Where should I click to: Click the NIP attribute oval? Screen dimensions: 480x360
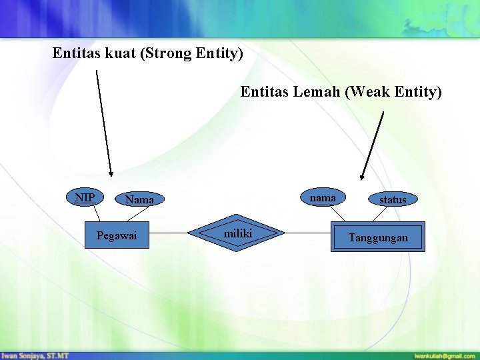(x=85, y=197)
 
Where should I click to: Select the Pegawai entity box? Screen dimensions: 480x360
(x=117, y=236)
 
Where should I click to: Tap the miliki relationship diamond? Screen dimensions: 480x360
(x=237, y=233)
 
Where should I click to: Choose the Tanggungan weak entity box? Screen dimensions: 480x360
(x=377, y=237)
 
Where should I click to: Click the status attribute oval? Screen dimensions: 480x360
(x=392, y=199)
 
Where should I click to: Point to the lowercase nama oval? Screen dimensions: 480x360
(x=323, y=197)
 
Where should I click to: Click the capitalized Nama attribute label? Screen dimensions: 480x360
(x=139, y=199)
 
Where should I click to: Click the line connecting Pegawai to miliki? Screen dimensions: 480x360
(x=169, y=233)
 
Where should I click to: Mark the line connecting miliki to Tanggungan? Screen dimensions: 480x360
(x=308, y=233)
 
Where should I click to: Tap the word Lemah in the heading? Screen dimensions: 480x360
(x=317, y=91)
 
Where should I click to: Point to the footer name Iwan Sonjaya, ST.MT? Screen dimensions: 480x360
(x=35, y=355)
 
